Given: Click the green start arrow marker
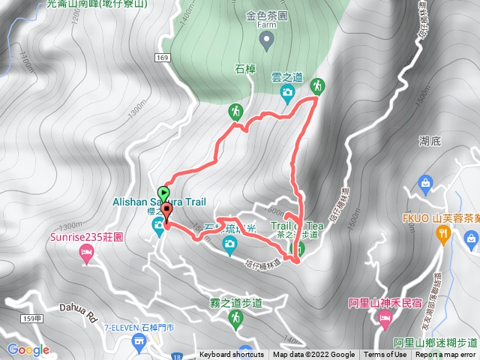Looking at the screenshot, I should pyautogui.click(x=163, y=192).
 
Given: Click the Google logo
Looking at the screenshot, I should pyautogui.click(x=28, y=349).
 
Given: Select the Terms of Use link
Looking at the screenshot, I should pyautogui.click(x=385, y=355).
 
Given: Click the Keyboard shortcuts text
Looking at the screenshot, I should pyautogui.click(x=232, y=355).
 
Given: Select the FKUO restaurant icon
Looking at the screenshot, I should pyautogui.click(x=444, y=234).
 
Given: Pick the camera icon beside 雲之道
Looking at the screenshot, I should pyautogui.click(x=286, y=92).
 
